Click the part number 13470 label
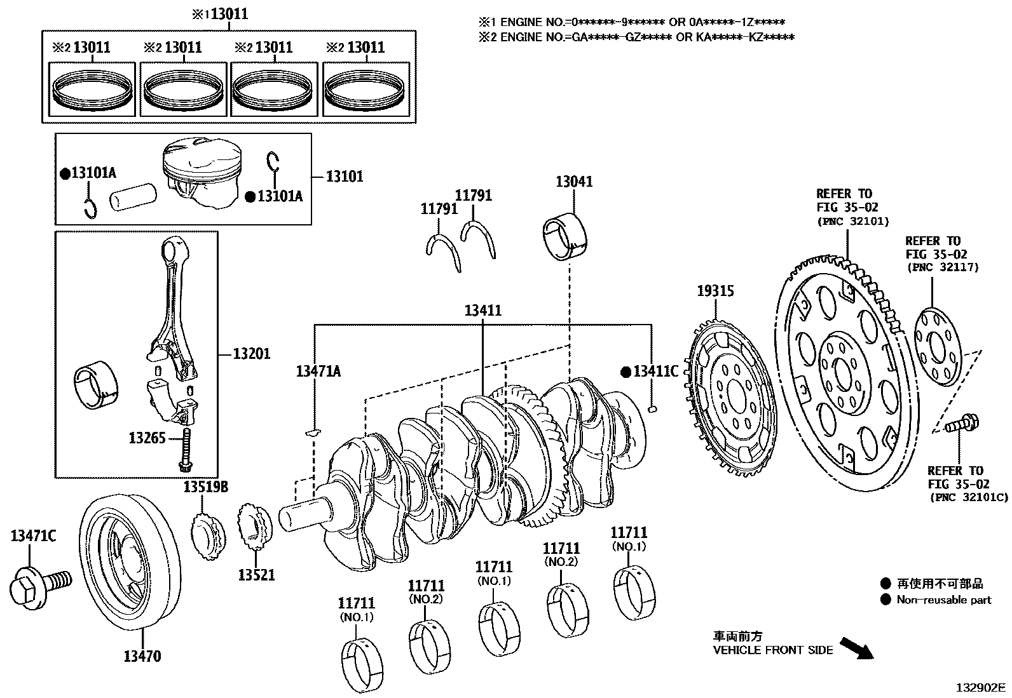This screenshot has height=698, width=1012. [142, 656]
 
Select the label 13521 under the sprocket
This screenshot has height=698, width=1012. [256, 575]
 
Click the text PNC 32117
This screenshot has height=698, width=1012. [941, 267]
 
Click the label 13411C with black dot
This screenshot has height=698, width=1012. [655, 372]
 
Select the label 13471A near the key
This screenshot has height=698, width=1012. [318, 372]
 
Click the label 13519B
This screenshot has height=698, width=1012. [206, 487]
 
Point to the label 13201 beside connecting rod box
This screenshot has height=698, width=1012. [251, 354]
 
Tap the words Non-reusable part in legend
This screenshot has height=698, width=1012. [943, 600]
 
